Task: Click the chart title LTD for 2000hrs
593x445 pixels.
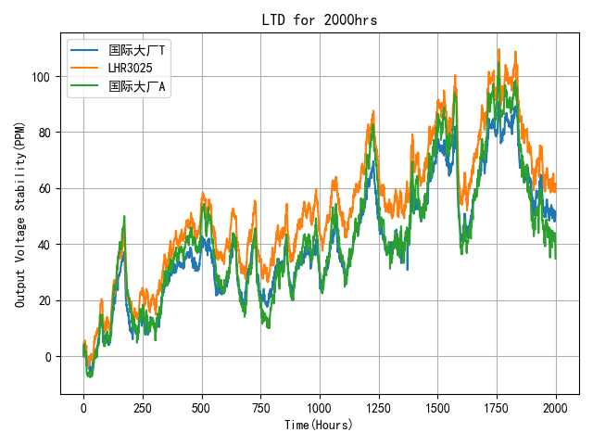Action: click(320, 20)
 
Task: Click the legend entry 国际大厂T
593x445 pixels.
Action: click(137, 50)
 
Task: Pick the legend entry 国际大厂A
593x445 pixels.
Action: click(138, 87)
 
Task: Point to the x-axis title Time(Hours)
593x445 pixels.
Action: click(320, 425)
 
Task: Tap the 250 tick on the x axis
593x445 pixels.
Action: click(143, 407)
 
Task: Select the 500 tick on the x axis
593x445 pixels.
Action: click(202, 407)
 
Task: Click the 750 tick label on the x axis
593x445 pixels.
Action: click(260, 407)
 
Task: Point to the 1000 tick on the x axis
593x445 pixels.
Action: click(320, 407)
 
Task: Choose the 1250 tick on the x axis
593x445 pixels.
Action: click(379, 407)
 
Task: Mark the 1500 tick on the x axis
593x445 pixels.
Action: click(437, 407)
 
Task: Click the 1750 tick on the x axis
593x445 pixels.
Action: click(497, 407)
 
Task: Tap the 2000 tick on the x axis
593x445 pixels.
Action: click(556, 407)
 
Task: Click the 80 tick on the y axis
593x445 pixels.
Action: click(49, 133)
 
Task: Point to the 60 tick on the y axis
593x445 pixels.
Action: click(49, 189)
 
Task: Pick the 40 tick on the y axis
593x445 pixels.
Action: click(49, 245)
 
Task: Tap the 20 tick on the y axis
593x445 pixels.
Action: click(49, 301)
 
